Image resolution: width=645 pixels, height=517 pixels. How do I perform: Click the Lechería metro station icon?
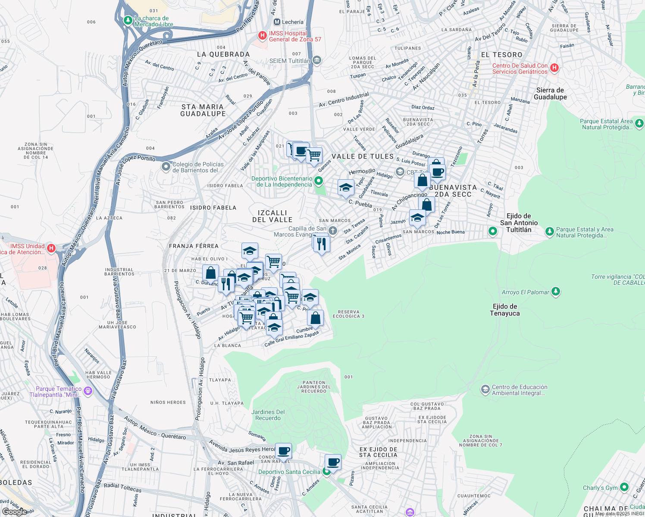click(x=277, y=22)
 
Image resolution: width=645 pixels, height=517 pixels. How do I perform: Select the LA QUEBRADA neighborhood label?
click(x=223, y=54)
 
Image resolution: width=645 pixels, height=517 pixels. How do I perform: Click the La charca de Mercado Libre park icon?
click(x=128, y=20)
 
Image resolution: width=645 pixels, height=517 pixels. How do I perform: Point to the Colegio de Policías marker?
click(x=166, y=167)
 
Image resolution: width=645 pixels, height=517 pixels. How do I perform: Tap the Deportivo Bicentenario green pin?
click(x=319, y=181)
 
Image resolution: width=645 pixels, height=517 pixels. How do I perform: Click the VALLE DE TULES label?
click(x=363, y=156)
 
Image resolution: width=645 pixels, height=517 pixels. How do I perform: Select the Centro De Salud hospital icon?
click(x=555, y=68)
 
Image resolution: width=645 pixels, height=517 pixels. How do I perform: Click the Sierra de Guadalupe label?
click(x=550, y=93)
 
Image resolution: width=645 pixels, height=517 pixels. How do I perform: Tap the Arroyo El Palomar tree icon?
click(x=556, y=292)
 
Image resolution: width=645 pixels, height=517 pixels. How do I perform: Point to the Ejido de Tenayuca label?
click(x=505, y=310)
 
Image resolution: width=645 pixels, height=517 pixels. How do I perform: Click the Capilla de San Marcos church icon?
click(x=332, y=231)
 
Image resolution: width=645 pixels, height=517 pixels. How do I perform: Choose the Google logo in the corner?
click(x=14, y=511)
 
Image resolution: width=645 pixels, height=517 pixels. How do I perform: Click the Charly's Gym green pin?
click(x=624, y=487)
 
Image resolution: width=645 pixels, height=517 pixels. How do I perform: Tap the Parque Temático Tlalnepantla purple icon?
click(x=88, y=391)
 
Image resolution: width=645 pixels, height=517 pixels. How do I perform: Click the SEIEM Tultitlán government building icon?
click(x=317, y=60)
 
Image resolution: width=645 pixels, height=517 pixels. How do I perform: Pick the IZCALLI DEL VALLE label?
click(x=272, y=216)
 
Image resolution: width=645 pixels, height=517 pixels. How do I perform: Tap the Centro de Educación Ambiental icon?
click(x=485, y=389)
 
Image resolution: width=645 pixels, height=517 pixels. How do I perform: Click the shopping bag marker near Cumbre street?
click(x=316, y=318)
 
